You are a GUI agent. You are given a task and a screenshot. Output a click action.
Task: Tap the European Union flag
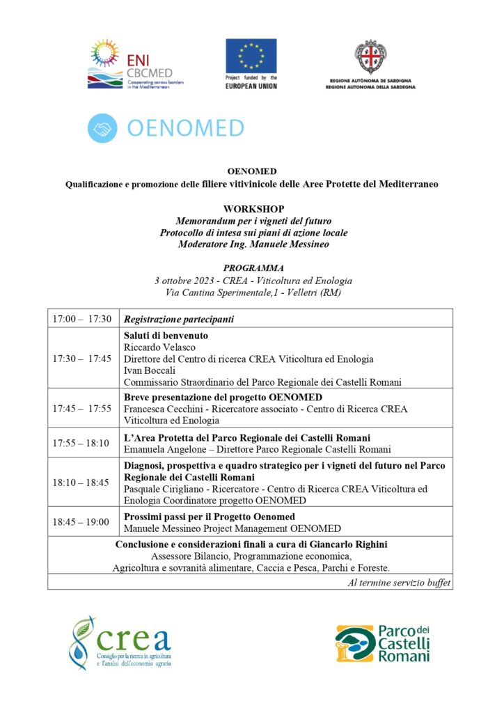251,55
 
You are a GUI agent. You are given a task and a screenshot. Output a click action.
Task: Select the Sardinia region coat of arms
371,57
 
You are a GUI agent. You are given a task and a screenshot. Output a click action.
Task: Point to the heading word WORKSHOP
253,209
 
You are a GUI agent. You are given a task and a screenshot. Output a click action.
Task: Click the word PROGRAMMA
253,268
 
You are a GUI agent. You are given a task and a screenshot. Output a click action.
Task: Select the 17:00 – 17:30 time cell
82,319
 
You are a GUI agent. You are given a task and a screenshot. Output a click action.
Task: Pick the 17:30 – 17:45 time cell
82,359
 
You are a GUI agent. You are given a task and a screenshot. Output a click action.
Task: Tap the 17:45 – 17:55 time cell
82,408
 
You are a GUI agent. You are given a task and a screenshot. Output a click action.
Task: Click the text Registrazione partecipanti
178,320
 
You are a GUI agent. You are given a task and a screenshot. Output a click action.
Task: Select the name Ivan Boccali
149,370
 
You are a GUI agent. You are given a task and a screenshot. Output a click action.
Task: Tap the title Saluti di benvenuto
166,336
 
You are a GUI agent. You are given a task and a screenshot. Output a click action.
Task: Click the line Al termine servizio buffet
398,582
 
